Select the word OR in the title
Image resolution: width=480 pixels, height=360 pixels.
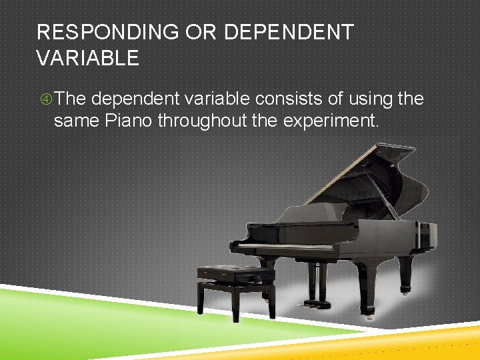209,33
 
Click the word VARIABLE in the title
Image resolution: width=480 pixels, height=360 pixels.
88,59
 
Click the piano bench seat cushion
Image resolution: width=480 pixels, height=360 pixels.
235,272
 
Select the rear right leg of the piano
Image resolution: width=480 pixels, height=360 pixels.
405,273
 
